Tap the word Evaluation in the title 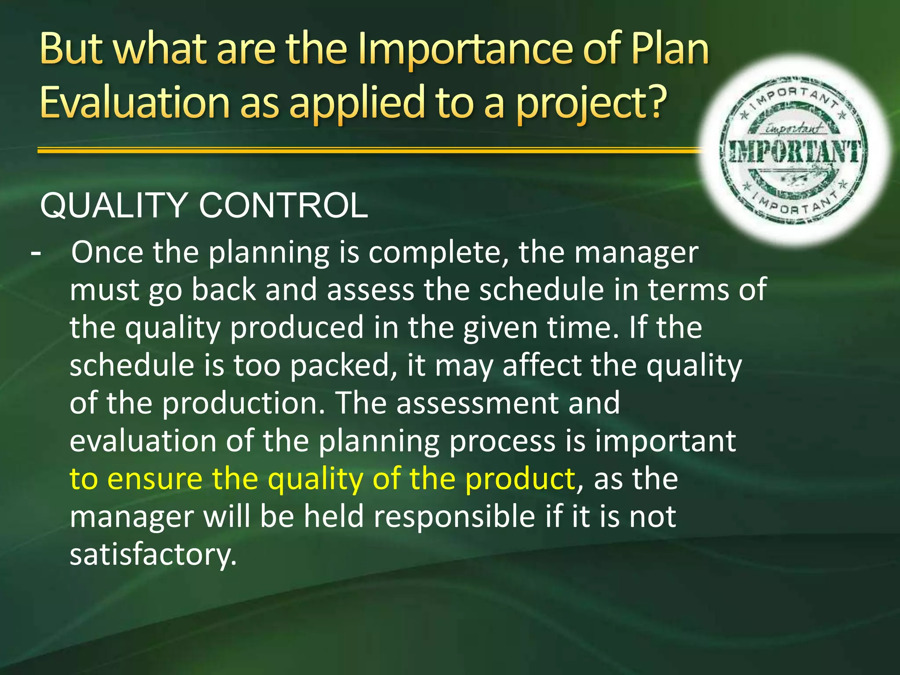pyautogui.click(x=134, y=102)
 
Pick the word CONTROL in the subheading pyautogui.click(x=283, y=206)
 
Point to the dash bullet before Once pyautogui.click(x=36, y=254)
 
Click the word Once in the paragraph pyautogui.click(x=107, y=253)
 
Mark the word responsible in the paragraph pyautogui.click(x=454, y=517)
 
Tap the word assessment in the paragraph pyautogui.click(x=477, y=403)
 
